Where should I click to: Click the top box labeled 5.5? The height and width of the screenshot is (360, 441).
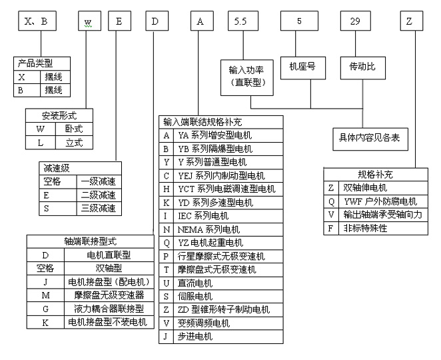pos(243,21)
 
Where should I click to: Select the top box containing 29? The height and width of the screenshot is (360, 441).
pos(356,21)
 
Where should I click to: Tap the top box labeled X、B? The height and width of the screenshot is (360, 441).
pos(37,21)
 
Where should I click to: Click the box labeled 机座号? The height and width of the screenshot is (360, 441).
pos(303,68)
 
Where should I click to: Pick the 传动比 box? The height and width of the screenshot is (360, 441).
pos(363,68)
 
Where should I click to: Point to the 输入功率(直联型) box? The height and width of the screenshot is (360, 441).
pos(247,77)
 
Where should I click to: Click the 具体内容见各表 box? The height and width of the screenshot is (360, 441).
pos(370,139)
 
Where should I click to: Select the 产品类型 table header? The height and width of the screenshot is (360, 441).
pos(42,63)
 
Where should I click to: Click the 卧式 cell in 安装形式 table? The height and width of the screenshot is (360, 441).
pos(74,129)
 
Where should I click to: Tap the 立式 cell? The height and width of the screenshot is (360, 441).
pos(74,143)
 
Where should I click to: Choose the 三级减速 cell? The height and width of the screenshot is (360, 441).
pos(99,209)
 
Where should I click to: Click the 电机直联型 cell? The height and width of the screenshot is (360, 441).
pos(109,255)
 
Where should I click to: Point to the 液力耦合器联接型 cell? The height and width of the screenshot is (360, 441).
pos(109,309)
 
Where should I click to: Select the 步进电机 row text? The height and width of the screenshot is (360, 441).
pos(195,337)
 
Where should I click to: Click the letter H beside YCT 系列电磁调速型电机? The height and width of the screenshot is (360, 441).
pos(167,189)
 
